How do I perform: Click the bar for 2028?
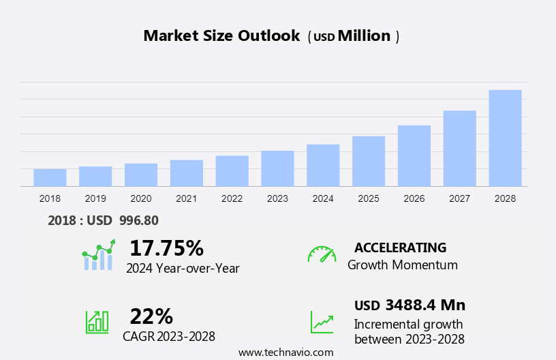[505, 138]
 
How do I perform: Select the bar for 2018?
[50, 177]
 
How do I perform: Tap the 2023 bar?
[277, 168]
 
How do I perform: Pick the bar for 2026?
[414, 155]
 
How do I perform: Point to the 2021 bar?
[187, 172]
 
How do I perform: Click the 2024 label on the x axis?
[323, 198]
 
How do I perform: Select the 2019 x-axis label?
[95, 198]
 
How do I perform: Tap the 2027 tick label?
[459, 198]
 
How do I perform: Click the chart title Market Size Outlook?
[221, 36]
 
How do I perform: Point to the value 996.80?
[138, 220]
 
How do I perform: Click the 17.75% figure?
[166, 247]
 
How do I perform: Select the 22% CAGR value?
[151, 316]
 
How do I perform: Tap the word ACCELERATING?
[400, 247]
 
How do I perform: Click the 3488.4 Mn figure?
[424, 305]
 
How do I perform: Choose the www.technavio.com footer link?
[285, 352]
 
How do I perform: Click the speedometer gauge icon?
[322, 254]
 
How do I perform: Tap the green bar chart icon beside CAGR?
[97, 322]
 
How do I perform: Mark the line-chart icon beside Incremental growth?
[322, 322]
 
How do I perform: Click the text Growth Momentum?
[402, 265]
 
